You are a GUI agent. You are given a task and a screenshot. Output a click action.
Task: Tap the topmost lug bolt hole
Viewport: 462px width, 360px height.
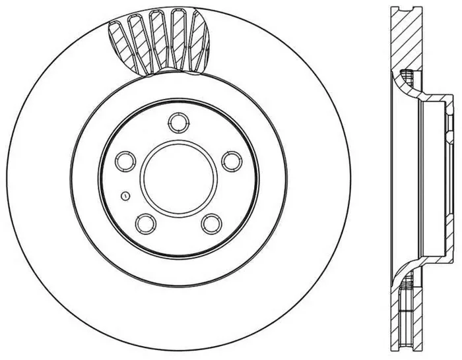pyautogui.click(x=178, y=123)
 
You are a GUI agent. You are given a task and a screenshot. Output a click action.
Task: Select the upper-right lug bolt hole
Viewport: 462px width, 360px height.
pyautogui.click(x=229, y=161)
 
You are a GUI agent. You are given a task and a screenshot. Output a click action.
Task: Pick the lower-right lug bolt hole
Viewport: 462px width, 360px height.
pyautogui.click(x=210, y=223)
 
